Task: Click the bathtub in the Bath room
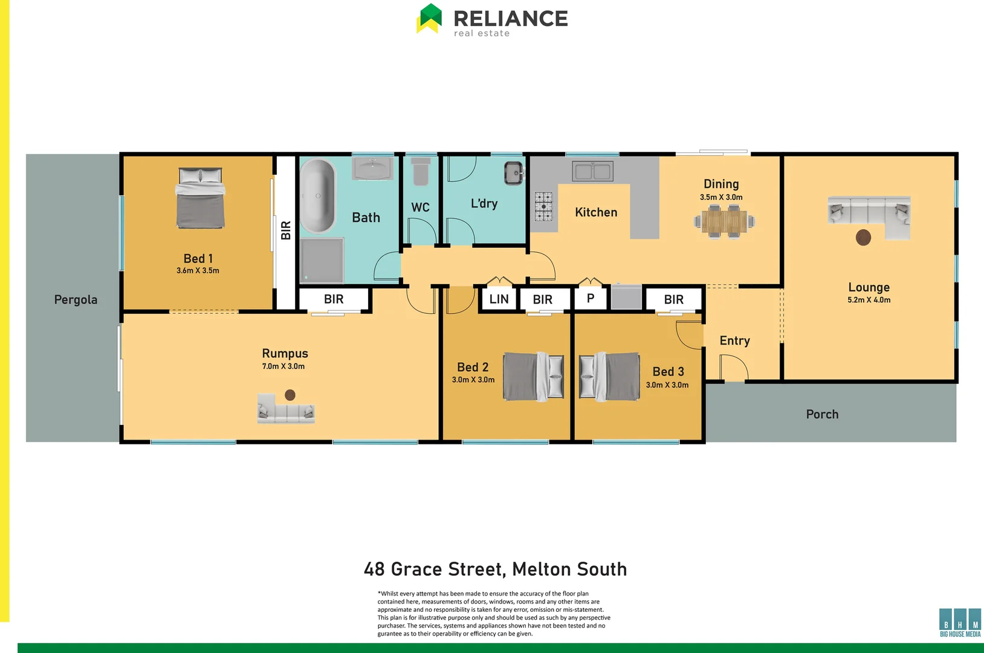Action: [317, 196]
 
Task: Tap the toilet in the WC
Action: [421, 172]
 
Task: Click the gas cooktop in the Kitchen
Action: [543, 206]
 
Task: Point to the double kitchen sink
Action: [592, 171]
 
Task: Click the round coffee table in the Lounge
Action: [863, 238]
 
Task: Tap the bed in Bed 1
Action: [200, 198]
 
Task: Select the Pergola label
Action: [76, 300]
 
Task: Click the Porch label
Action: [822, 415]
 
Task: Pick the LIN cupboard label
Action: [499, 299]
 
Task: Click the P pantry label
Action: [591, 298]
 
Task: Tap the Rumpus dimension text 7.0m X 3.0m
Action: [283, 366]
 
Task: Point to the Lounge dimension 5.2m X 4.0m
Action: [869, 300]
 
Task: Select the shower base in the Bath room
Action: [322, 260]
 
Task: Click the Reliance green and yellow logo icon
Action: [430, 18]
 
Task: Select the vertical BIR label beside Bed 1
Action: [286, 230]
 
